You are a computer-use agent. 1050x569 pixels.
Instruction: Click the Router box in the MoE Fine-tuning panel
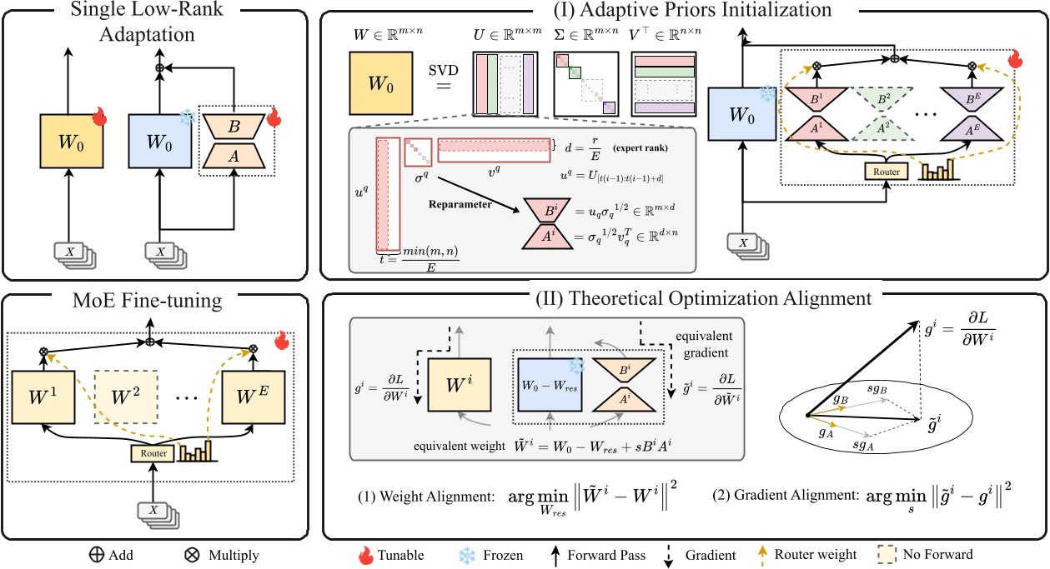[151, 453]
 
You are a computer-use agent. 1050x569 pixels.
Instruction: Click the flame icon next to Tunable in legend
[365, 554]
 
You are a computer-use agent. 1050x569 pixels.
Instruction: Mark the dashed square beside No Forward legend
[887, 554]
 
